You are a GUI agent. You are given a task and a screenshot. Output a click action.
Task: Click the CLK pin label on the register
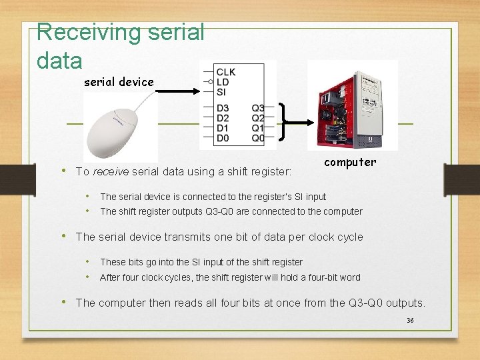pos(226,72)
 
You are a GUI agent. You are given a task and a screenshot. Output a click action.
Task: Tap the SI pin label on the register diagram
pos(221,92)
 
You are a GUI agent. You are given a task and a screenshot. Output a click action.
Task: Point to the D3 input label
pos(223,108)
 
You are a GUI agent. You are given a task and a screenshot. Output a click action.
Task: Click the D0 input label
pos(223,138)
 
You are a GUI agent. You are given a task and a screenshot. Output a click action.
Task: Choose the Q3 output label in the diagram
pos(257,108)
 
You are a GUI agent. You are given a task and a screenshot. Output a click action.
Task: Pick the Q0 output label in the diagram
pos(257,138)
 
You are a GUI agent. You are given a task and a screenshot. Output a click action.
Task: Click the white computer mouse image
pos(120,125)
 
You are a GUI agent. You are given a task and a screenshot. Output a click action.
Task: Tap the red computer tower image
pos(352,105)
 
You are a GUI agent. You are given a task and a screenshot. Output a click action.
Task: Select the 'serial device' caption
pos(119,82)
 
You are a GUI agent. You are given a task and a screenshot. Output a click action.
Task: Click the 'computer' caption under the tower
pos(350,162)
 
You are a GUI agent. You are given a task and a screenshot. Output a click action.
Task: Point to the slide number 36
pos(410,321)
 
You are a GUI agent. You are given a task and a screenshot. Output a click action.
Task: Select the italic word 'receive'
pos(111,172)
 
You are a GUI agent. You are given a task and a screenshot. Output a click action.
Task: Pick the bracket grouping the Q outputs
pos(283,122)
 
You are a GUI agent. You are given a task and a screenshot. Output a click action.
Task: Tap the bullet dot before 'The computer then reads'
pos(65,302)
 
